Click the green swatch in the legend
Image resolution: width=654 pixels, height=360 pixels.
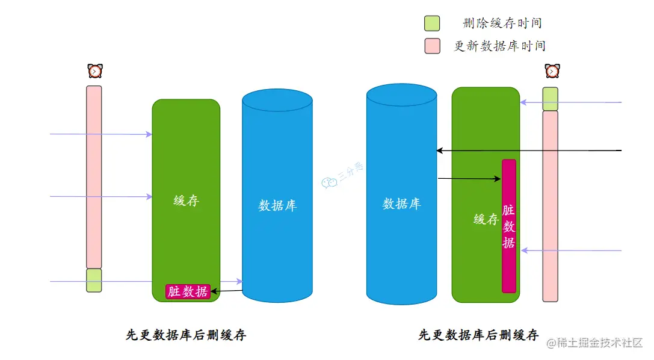pos(432,23)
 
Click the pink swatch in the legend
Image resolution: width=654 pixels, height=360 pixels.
pos(432,46)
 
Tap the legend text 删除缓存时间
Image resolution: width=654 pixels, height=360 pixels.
pos(502,23)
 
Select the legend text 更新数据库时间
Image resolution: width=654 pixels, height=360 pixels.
pos(499,46)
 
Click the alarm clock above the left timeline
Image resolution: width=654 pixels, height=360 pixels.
pos(94,71)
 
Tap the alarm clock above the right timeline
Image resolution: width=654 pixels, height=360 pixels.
pos(552,71)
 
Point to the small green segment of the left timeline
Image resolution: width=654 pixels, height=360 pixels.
pos(94,281)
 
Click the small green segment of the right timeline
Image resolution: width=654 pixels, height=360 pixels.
pos(550,99)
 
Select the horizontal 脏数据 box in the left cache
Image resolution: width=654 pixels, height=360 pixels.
pos(188,291)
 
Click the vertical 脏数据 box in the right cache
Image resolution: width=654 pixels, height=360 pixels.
pos(509,226)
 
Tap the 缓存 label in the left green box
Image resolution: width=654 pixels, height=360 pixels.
pos(186,200)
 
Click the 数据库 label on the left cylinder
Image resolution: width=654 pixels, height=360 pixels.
pos(277,205)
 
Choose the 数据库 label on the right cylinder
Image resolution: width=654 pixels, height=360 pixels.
pos(401,203)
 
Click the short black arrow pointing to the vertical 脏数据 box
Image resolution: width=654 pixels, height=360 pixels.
pos(469,178)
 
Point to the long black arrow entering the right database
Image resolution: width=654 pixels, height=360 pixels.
pos(529,150)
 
